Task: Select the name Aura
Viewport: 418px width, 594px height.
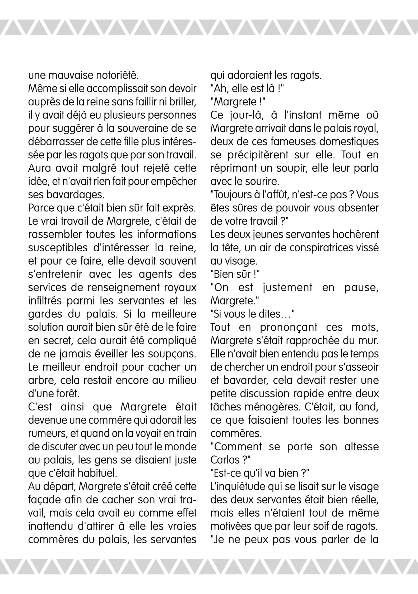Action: [x=40, y=168]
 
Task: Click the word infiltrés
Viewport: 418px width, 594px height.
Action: [x=45, y=301]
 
